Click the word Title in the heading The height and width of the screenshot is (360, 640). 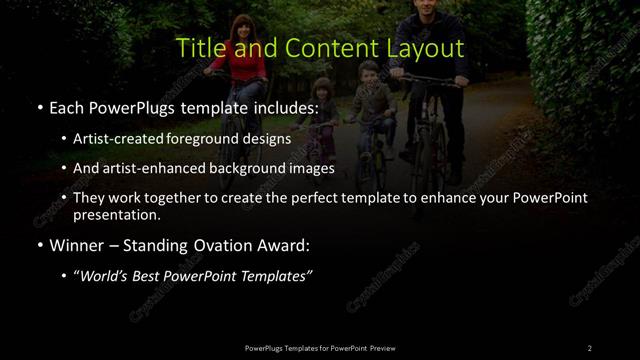click(199, 48)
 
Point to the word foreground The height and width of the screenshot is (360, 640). click(211, 139)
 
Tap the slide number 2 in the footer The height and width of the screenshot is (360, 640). click(590, 347)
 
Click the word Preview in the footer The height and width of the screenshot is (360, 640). click(383, 347)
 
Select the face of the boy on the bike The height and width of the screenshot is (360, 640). click(369, 75)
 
